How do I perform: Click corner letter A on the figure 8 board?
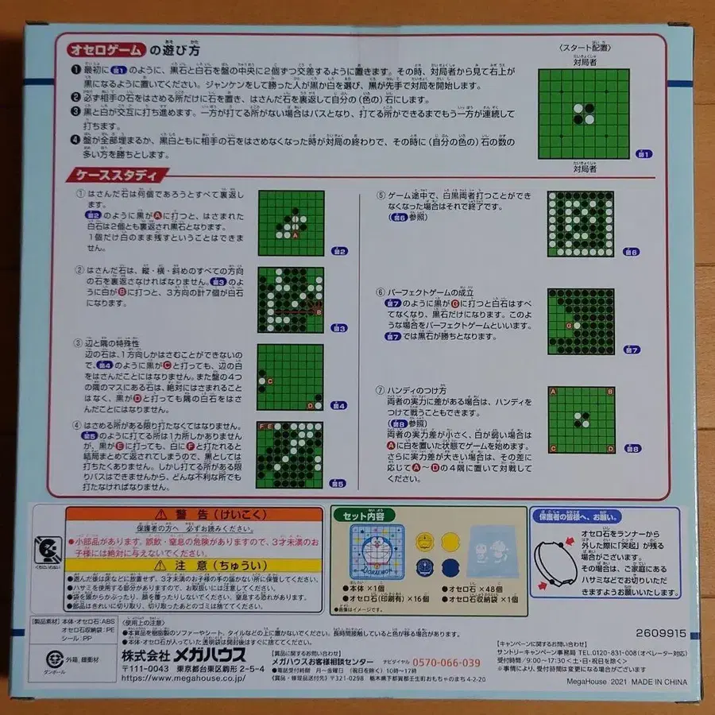553,392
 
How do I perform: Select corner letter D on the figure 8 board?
609,448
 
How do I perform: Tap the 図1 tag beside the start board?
643,153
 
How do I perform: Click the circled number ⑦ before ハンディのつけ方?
380,392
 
